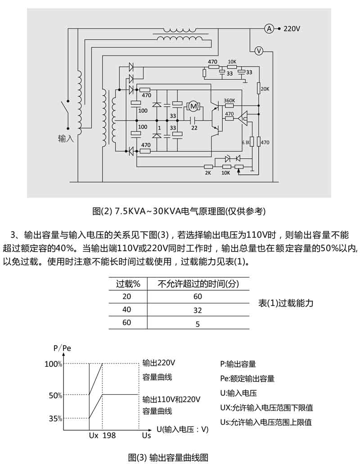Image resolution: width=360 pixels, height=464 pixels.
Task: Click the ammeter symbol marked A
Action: tap(269, 29)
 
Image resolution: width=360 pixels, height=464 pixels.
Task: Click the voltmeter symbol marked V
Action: tap(259, 50)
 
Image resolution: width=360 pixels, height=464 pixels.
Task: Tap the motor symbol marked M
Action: tap(194, 107)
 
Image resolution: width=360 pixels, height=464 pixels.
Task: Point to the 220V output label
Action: tap(292, 29)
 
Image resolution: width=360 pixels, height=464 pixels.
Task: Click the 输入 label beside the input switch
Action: tap(65, 139)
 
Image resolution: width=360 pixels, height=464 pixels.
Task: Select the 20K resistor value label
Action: tap(265, 89)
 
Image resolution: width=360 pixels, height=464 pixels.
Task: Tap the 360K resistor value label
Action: tap(229, 100)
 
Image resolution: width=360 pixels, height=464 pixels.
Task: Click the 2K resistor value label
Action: tap(208, 173)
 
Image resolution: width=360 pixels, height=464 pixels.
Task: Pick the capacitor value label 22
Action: tap(194, 128)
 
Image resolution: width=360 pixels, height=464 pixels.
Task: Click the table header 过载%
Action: tap(129, 284)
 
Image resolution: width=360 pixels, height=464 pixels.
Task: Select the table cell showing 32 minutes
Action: tap(198, 310)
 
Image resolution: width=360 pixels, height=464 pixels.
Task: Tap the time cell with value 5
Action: tap(198, 324)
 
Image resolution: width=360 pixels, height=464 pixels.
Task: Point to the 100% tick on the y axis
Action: tap(53, 364)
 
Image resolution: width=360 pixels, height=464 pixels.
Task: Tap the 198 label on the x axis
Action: tap(109, 436)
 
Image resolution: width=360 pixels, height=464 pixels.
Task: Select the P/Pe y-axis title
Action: tap(62, 348)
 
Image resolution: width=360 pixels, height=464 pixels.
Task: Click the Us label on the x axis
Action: tap(146, 436)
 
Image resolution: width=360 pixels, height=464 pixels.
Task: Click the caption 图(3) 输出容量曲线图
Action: tap(168, 457)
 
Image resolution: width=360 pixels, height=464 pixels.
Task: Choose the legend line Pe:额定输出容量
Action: tap(247, 378)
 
